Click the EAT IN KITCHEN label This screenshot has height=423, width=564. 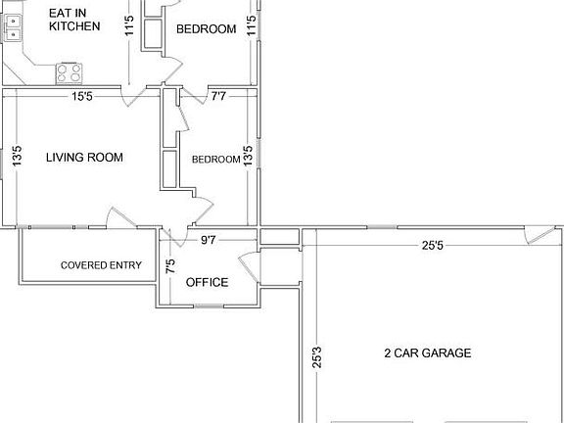74,20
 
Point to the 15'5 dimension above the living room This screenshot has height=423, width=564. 81,96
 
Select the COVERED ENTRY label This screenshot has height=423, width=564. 101,265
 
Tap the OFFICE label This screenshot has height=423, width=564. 207,283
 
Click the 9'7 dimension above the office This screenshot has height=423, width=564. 209,240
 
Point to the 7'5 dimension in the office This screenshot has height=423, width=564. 171,265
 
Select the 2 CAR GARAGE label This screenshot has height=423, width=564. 428,353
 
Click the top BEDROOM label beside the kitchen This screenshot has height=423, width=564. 206,29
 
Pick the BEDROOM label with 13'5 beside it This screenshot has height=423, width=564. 215,160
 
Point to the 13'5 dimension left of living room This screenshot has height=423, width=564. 17,157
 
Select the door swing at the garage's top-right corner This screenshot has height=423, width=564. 537,236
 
